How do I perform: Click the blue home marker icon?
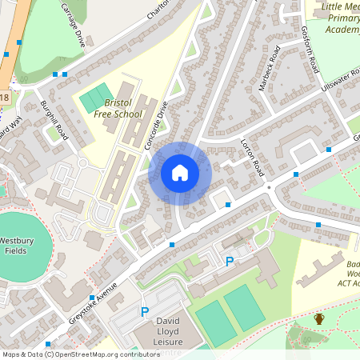[x=179, y=172]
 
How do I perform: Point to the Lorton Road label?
[x=252, y=157]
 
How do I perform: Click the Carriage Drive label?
[x=72, y=23]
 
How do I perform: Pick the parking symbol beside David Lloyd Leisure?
[x=145, y=312]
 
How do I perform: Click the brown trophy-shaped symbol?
[x=319, y=319]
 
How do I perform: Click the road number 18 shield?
[x=5, y=98]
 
